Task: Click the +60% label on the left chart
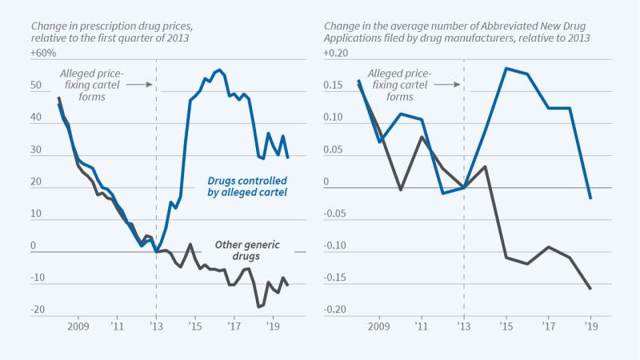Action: [45, 53]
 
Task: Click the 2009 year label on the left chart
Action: [78, 327]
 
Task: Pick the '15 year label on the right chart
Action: [506, 327]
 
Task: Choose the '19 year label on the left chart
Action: [273, 327]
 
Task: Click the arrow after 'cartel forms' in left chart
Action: [138, 83]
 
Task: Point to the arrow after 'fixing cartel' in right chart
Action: [449, 83]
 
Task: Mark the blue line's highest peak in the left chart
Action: [219, 70]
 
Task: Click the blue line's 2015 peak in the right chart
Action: [506, 68]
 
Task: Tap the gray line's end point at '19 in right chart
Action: [590, 289]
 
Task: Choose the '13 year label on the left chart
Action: [156, 327]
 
